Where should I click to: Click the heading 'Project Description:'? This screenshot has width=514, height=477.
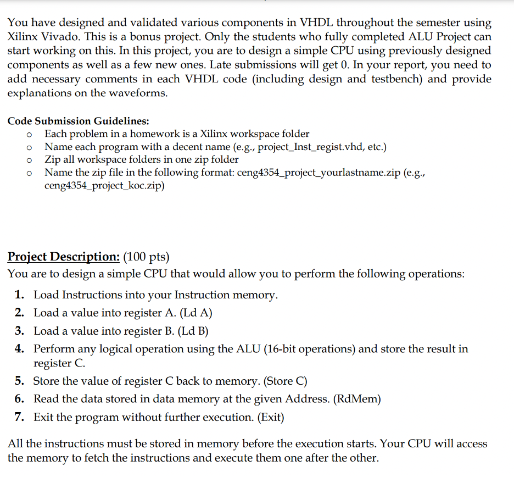click(x=63, y=257)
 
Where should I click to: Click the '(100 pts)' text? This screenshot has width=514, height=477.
click(x=147, y=257)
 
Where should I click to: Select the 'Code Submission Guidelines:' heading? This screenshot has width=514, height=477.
click(x=78, y=121)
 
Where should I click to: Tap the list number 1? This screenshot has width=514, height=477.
click(x=20, y=295)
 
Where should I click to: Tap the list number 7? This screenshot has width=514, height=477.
click(x=20, y=418)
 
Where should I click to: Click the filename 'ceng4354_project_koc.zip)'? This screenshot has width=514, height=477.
click(x=104, y=186)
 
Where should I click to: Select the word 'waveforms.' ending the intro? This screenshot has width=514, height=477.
click(x=140, y=93)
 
